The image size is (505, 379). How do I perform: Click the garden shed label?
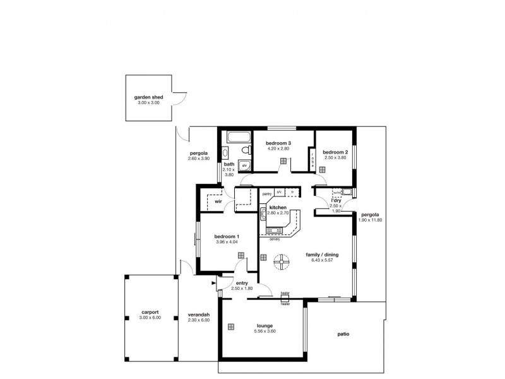(149, 97)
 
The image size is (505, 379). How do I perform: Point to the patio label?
(343, 334)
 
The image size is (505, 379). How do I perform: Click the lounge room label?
(264, 326)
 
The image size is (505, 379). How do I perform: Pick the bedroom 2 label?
(335, 152)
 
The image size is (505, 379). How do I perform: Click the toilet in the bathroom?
(244, 150)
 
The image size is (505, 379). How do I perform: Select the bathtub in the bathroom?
(239, 136)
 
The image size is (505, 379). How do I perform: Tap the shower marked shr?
(245, 165)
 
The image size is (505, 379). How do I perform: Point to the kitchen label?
(278, 207)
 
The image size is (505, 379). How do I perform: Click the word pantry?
(266, 193)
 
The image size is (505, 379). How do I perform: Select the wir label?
(218, 202)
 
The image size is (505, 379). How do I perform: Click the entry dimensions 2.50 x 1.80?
(243, 288)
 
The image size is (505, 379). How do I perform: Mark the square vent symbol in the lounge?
(232, 326)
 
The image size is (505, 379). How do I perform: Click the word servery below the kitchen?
(275, 239)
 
